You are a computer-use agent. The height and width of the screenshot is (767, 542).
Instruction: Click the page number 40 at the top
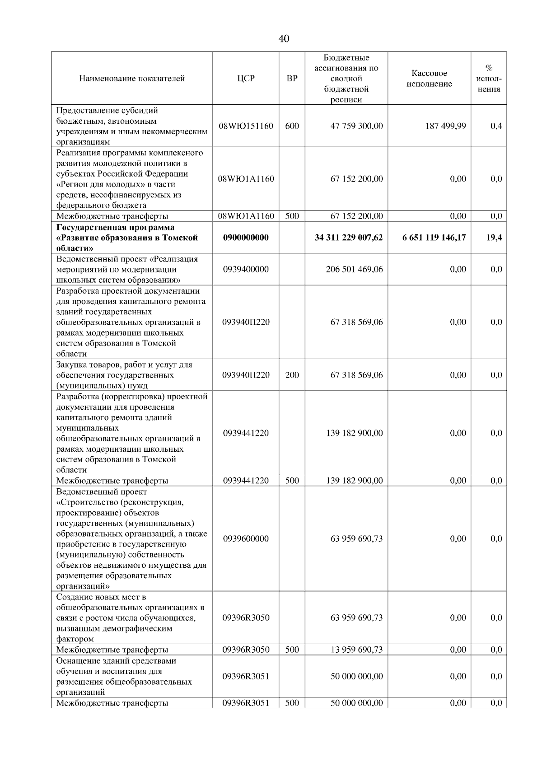(x=284, y=39)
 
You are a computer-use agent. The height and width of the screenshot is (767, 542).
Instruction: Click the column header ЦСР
(x=246, y=79)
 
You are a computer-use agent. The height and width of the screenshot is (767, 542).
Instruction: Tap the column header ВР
(x=292, y=79)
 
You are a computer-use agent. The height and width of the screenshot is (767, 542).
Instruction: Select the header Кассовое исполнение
(x=429, y=79)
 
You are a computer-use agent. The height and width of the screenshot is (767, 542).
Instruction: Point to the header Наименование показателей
(x=132, y=79)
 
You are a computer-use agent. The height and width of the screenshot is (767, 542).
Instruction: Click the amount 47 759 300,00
(x=356, y=126)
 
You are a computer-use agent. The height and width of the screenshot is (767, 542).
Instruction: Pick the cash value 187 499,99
(x=445, y=126)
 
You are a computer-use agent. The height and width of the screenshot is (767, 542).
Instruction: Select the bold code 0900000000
(x=246, y=238)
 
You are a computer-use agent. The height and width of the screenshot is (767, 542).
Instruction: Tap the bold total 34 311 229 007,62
(x=348, y=238)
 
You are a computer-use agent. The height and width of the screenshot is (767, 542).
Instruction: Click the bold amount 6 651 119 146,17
(x=434, y=238)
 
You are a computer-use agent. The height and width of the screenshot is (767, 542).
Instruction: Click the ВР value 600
(x=292, y=126)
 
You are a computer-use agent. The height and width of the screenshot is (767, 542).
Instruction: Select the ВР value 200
(x=292, y=375)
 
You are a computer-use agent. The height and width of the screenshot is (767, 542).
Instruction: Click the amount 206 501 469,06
(x=354, y=269)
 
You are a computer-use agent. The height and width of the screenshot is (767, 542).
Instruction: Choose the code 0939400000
(x=246, y=269)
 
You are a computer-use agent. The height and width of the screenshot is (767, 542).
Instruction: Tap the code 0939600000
(x=246, y=538)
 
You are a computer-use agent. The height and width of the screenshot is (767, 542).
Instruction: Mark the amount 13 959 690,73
(x=356, y=650)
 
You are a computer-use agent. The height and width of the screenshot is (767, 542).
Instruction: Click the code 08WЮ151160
(x=246, y=126)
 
